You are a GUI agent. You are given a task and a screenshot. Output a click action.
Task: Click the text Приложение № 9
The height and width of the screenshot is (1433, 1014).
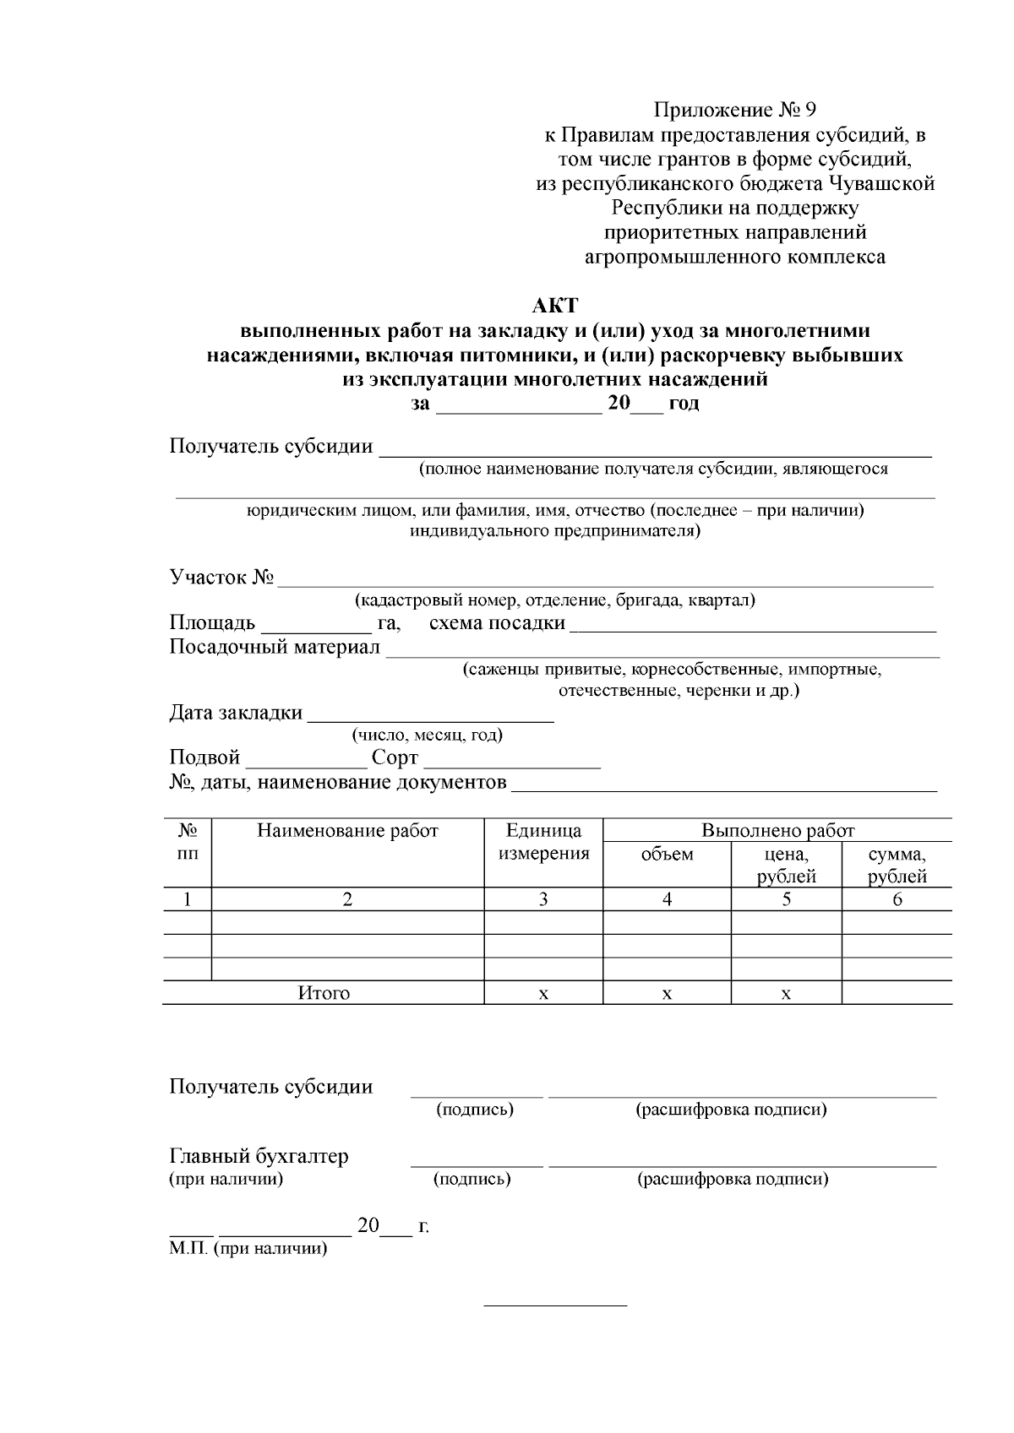point(735,111)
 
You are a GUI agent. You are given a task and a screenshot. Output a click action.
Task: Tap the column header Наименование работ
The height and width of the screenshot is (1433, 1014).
point(347,831)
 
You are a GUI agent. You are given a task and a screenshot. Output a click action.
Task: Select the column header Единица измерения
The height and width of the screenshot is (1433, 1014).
point(543,842)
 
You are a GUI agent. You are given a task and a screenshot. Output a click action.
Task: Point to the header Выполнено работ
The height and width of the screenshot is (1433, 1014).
point(777,831)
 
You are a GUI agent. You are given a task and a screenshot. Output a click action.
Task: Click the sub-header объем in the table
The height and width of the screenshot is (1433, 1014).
point(667,854)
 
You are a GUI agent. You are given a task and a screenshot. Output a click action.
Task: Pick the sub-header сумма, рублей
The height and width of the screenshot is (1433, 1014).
point(897,865)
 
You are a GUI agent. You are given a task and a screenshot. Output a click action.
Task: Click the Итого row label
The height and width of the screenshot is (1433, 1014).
point(324,993)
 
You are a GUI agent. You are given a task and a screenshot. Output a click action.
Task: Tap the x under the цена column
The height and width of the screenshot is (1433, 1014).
point(786,994)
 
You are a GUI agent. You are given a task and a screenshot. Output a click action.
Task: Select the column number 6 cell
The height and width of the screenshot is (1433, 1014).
point(897,899)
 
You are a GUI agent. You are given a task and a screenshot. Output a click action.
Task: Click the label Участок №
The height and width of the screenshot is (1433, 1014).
point(221,578)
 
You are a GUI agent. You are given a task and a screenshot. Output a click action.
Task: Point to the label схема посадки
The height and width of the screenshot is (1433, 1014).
point(497,623)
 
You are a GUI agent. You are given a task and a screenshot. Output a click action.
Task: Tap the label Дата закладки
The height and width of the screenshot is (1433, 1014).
point(236,713)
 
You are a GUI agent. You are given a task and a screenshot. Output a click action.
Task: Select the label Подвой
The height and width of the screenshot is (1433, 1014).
point(204,757)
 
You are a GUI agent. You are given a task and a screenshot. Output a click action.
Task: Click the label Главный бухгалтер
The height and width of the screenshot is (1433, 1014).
point(259,1156)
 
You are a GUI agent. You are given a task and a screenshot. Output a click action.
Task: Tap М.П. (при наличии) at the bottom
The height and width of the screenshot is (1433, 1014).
point(248,1249)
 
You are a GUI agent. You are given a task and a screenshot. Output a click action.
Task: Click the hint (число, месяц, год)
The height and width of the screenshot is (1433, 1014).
point(428,735)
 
